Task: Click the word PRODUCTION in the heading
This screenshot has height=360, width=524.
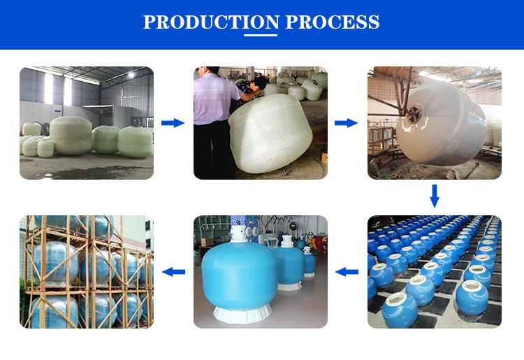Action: tap(211, 22)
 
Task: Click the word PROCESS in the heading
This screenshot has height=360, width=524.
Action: tap(332, 22)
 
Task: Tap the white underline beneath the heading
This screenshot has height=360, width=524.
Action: tap(261, 35)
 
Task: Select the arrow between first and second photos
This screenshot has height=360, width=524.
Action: tap(173, 123)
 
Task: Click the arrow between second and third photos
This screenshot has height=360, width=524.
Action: tap(347, 123)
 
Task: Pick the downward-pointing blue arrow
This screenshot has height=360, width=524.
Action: tap(435, 196)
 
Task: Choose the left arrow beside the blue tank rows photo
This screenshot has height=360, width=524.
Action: tap(347, 272)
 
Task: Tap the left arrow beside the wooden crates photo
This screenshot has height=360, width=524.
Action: tap(173, 272)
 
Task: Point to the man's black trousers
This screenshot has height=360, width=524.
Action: tap(210, 150)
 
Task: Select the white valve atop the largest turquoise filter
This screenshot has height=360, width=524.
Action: tap(239, 233)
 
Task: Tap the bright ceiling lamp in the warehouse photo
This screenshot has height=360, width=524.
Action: tap(131, 75)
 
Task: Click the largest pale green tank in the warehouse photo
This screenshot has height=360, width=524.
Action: tap(71, 135)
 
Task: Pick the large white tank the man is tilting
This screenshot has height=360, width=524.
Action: tap(270, 134)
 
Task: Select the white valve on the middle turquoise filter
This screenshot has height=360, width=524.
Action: tap(286, 241)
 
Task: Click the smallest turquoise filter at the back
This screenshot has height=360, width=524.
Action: tap(310, 262)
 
